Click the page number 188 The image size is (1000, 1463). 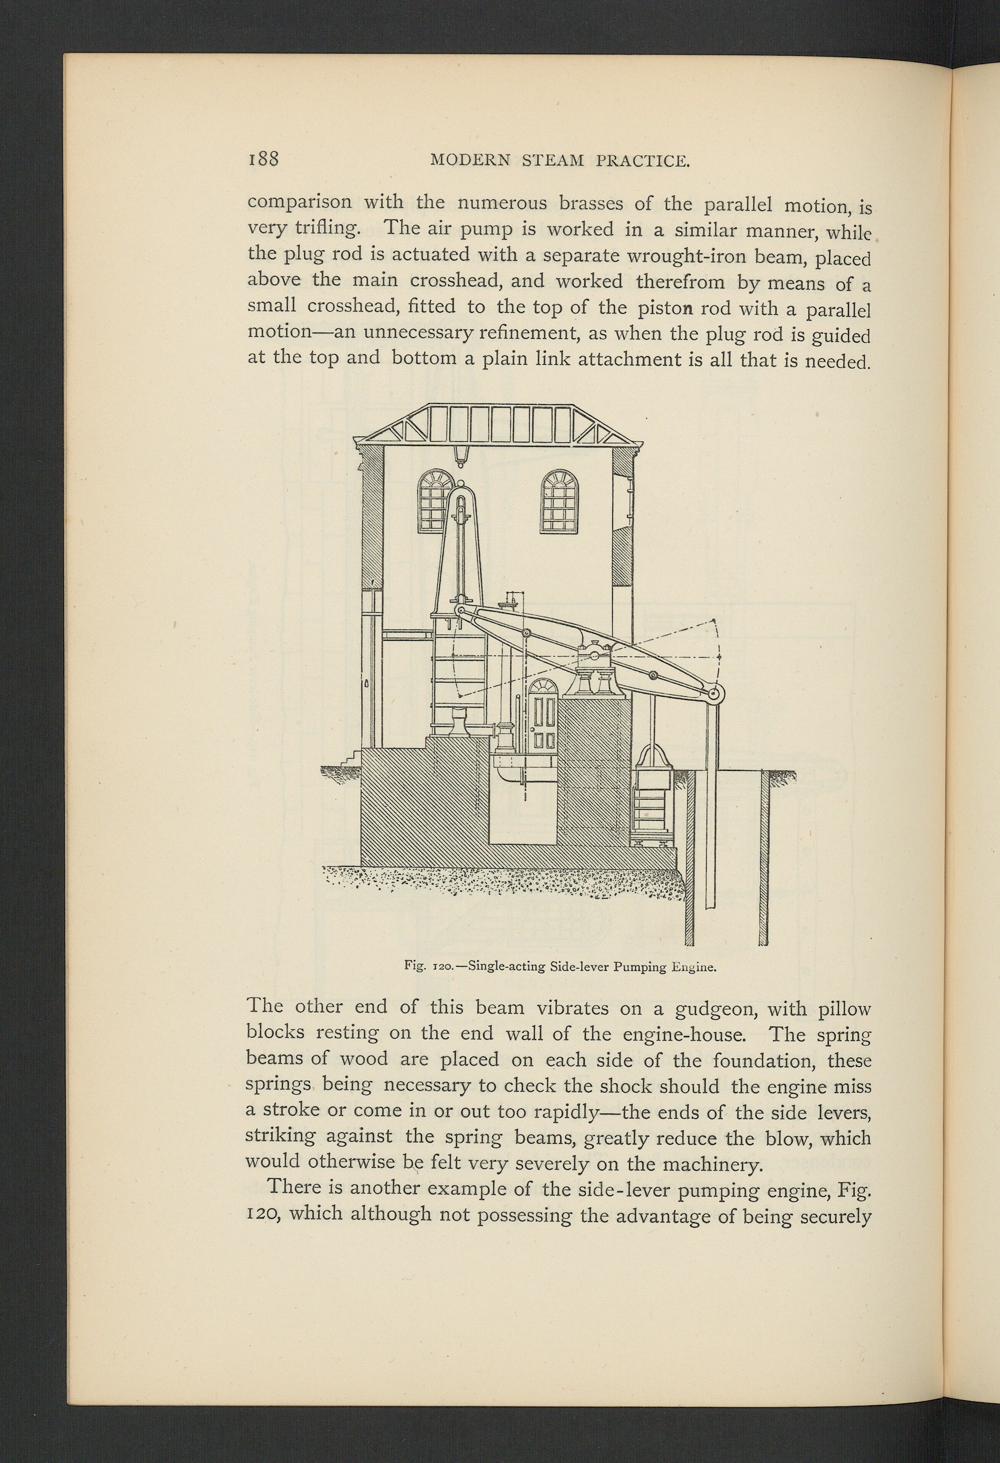(x=263, y=158)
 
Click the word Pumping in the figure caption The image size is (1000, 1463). (x=639, y=966)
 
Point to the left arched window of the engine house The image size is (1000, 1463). (x=435, y=502)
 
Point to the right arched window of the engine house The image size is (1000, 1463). (x=560, y=502)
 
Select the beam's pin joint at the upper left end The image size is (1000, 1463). (x=460, y=611)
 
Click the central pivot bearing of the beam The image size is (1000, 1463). (x=594, y=656)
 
